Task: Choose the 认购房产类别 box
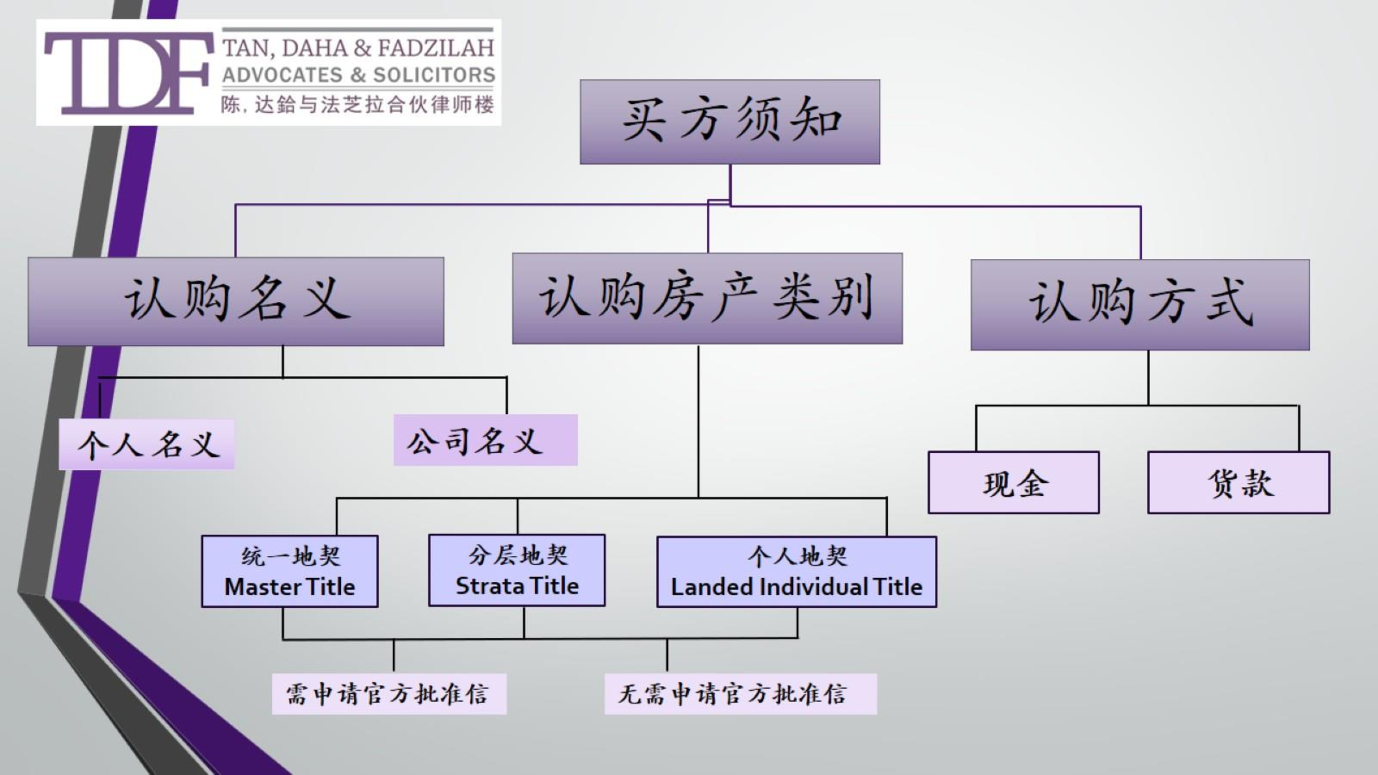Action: [707, 298]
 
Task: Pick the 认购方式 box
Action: [1140, 304]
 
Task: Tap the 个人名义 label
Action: [146, 444]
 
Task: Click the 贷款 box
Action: [1238, 483]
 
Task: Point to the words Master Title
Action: [289, 587]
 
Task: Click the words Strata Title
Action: [517, 586]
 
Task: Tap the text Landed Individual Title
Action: [796, 587]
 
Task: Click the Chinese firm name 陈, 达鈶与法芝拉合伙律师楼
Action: [357, 105]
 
